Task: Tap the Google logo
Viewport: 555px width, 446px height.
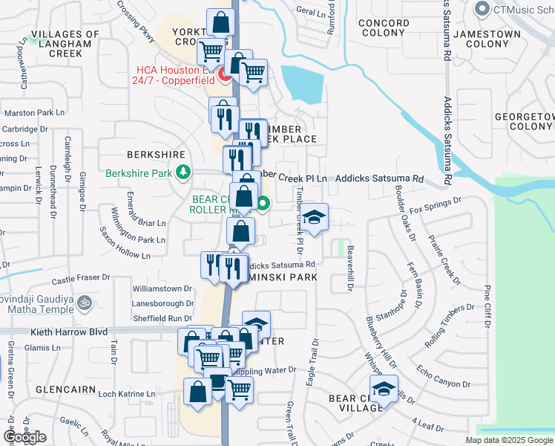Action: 24,437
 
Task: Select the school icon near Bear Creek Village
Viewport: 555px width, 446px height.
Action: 384,390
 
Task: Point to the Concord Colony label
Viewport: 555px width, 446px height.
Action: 384,28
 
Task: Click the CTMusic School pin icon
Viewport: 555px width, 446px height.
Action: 482,9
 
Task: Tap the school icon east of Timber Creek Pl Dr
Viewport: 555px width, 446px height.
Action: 315,218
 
